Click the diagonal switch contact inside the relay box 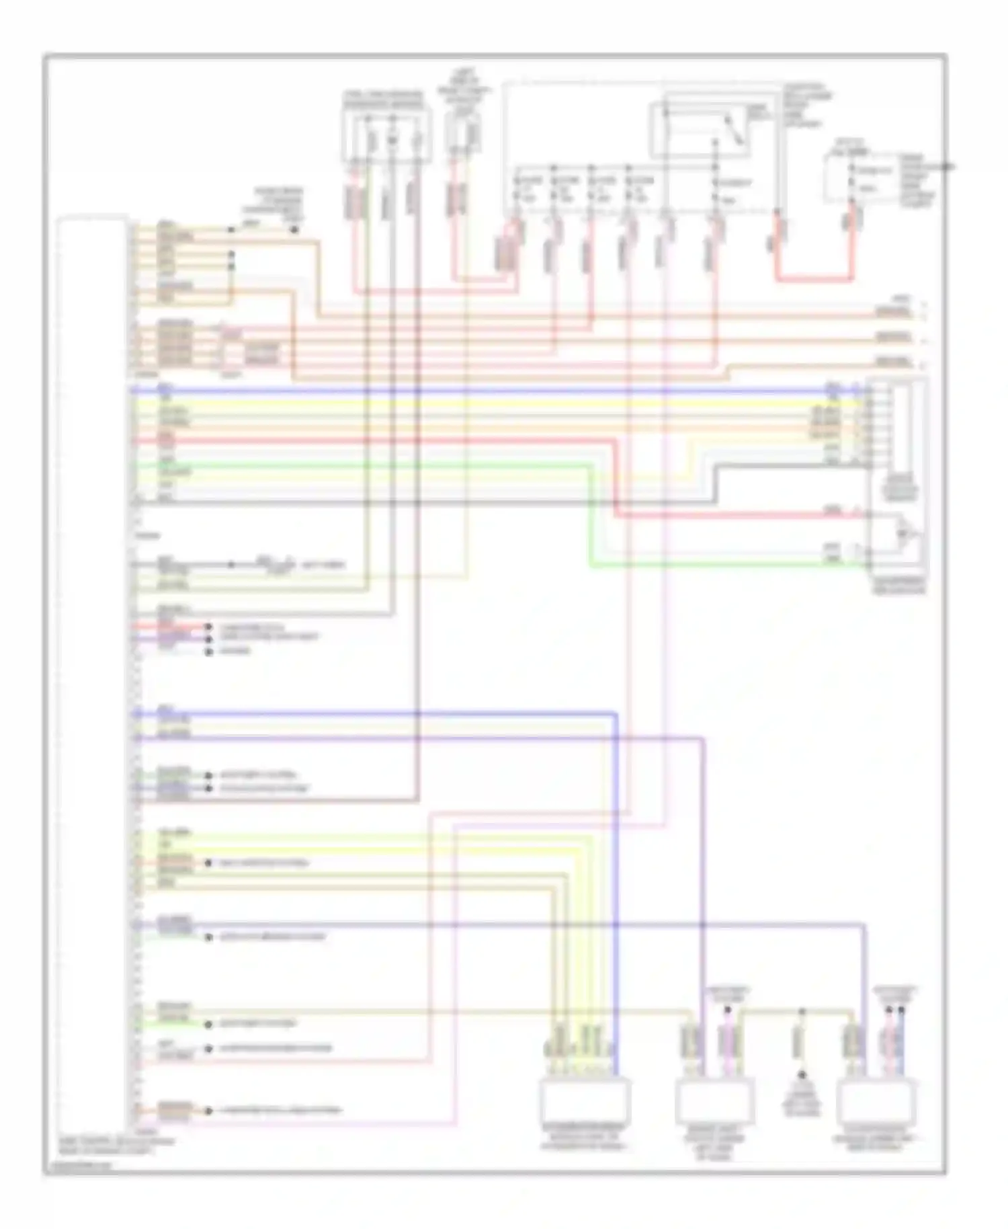(x=732, y=128)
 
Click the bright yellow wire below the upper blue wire (x=470, y=402)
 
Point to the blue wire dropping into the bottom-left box (x=616, y=874)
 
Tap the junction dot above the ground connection (x=801, y=1010)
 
